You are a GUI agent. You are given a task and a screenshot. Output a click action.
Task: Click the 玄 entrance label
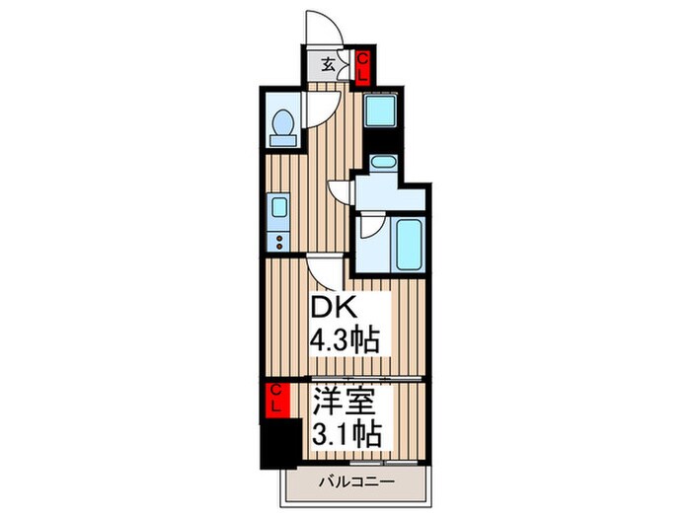tap(329, 67)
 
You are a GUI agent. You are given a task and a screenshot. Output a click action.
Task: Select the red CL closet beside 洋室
tap(276, 401)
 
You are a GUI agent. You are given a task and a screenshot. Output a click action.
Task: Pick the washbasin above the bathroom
tap(380, 164)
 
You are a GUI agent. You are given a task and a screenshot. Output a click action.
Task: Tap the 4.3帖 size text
tap(345, 341)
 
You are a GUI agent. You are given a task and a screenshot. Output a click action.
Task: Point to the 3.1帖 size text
tap(345, 431)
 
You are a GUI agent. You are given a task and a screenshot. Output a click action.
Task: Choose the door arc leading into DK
tap(326, 266)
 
